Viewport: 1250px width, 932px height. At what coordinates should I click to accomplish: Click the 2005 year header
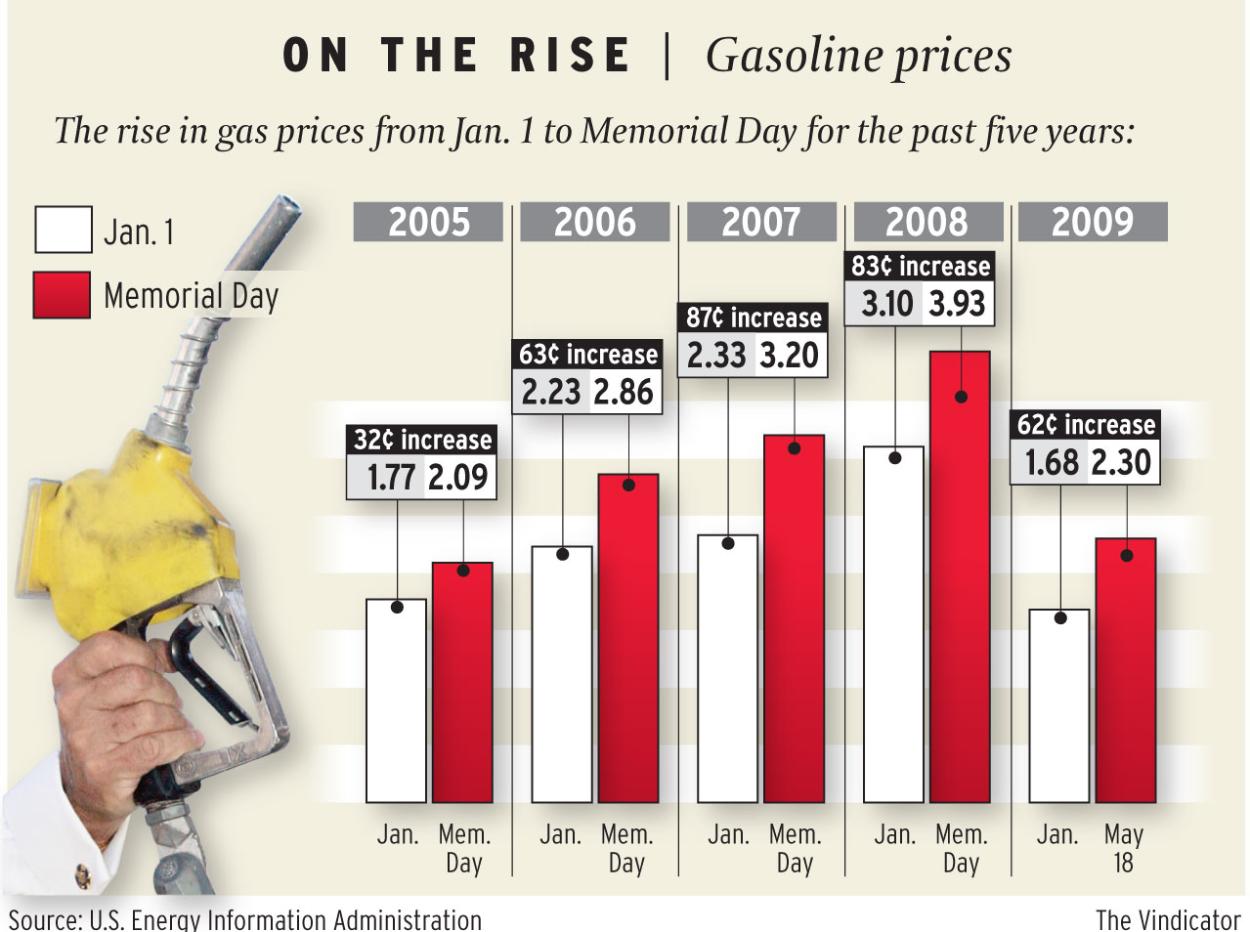coord(428,222)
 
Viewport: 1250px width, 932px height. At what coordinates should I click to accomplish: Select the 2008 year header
coord(927,222)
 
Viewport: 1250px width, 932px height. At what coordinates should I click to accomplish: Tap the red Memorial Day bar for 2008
coord(960,586)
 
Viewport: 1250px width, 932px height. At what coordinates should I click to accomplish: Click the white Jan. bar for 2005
coord(396,703)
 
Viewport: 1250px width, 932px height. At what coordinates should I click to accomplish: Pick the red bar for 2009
coord(1126,674)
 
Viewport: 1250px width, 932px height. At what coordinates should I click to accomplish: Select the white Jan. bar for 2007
coord(727,674)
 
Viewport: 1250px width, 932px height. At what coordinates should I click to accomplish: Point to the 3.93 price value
coord(956,304)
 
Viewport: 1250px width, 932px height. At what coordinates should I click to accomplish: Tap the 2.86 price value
coord(624,392)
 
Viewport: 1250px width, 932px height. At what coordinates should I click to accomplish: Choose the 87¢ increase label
coord(754,318)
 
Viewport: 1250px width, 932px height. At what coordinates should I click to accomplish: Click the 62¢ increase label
coord(1086,424)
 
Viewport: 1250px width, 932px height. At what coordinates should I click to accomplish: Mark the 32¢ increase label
coord(422,440)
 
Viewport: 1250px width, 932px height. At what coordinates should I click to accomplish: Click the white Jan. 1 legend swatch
coord(63,231)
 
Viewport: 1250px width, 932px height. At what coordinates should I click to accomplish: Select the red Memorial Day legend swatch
coord(63,295)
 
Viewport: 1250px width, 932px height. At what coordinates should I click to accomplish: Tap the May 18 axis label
coord(1123,848)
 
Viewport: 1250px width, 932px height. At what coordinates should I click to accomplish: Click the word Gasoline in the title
coord(787,56)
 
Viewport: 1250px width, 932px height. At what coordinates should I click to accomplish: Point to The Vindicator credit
coord(1167,919)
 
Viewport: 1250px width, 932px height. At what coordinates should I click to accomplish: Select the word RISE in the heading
coord(570,56)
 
